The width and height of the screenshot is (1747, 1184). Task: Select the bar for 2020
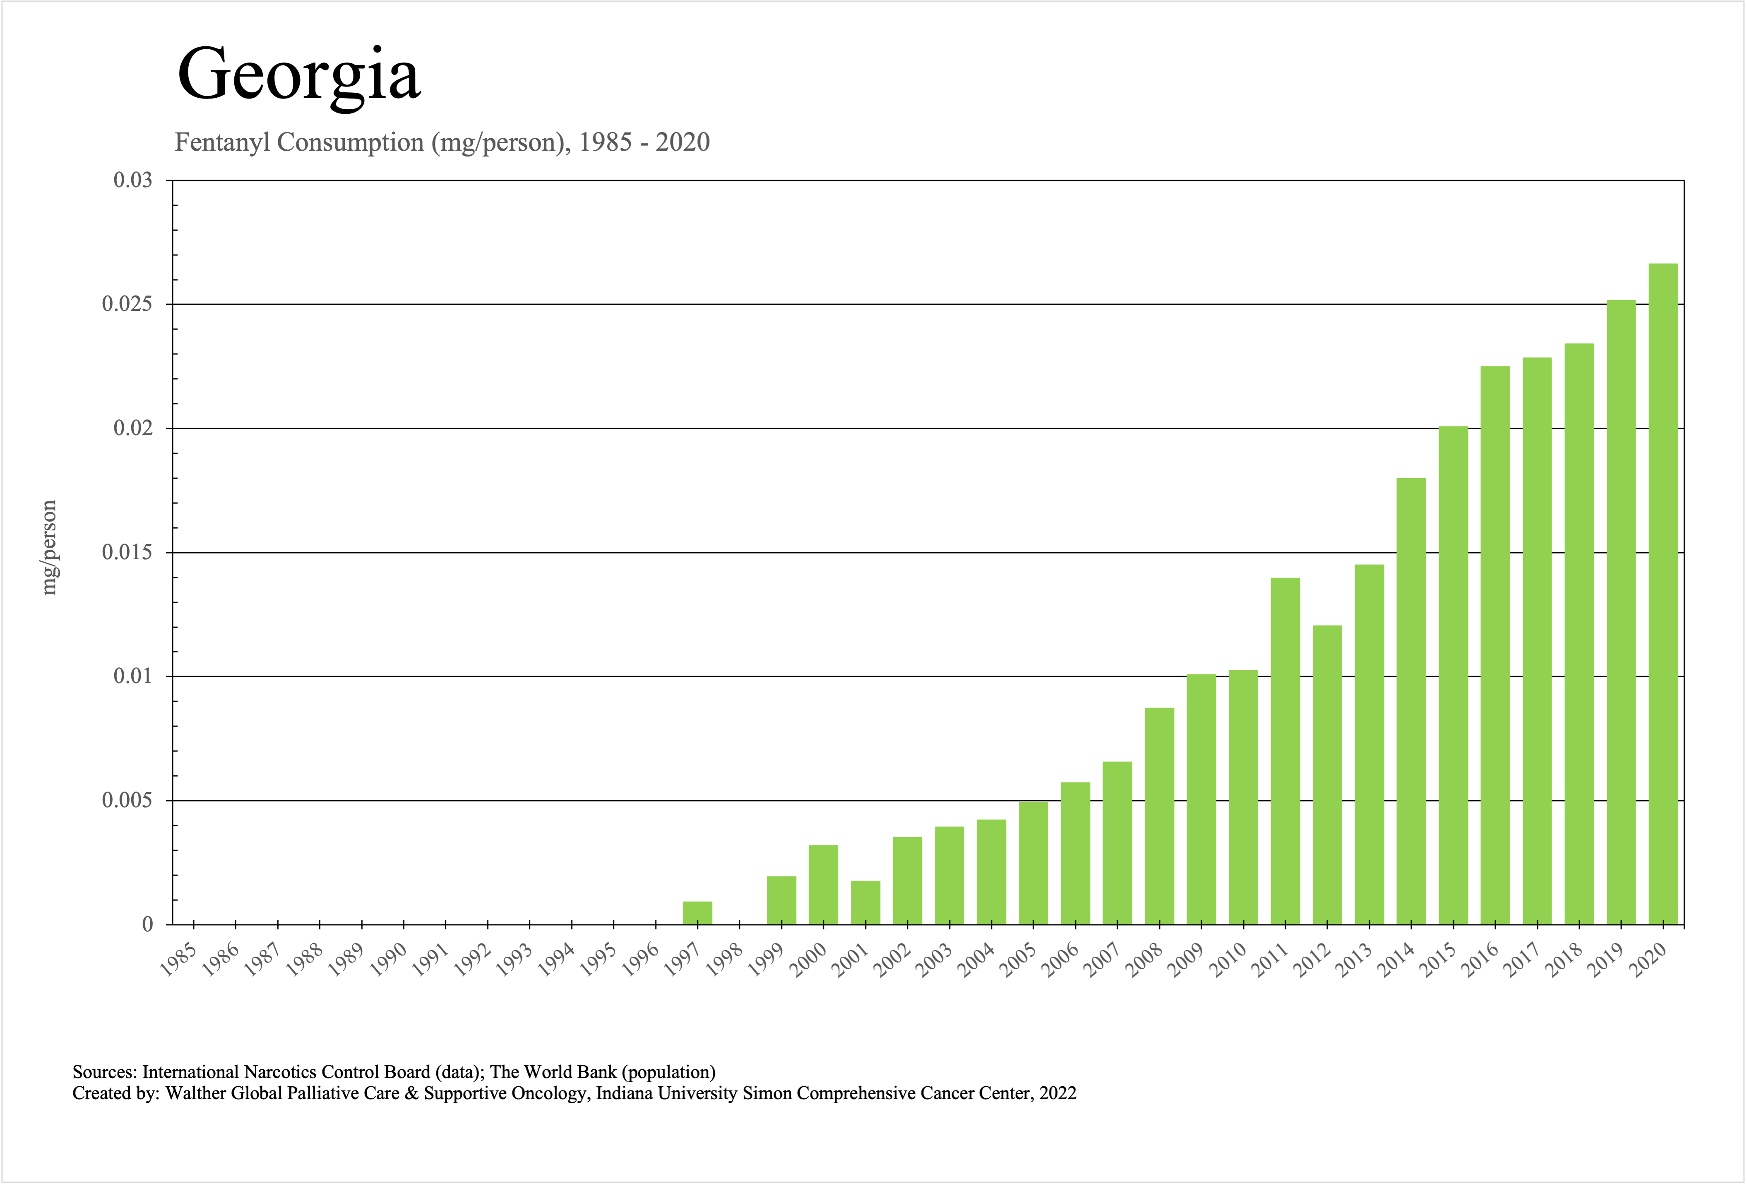1663,594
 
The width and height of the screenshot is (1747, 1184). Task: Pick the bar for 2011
1286,752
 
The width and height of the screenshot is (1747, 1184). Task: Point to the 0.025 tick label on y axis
127,304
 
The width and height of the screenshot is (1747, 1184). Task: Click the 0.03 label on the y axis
132,180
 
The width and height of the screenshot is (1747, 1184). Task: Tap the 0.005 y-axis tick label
127,801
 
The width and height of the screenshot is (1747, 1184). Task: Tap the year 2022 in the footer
1057,1093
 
